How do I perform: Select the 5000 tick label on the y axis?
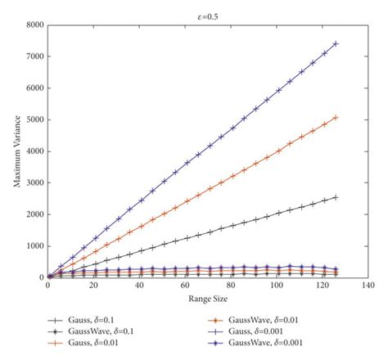pyautogui.click(x=34, y=119)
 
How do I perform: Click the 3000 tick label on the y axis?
pyautogui.click(x=34, y=182)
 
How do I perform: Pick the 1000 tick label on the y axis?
pyautogui.click(x=34, y=246)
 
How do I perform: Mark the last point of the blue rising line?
pyautogui.click(x=336, y=43)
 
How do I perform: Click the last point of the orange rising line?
pyautogui.click(x=336, y=117)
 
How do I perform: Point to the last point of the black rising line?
pyautogui.click(x=336, y=197)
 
